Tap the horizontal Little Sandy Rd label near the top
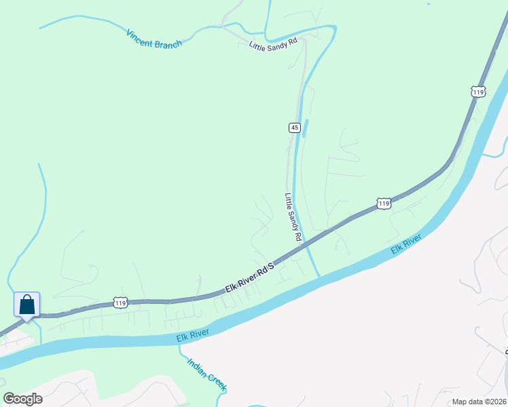click(274, 45)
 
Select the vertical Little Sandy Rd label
click(293, 217)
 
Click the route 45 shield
click(294, 128)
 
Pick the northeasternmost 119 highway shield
click(477, 91)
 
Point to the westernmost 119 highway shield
click(120, 301)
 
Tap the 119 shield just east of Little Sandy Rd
click(384, 203)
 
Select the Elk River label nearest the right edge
click(406, 244)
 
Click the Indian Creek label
click(206, 374)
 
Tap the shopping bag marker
click(26, 305)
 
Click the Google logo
click(23, 399)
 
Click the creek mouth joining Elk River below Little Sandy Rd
click(319, 275)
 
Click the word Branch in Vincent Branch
click(169, 43)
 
